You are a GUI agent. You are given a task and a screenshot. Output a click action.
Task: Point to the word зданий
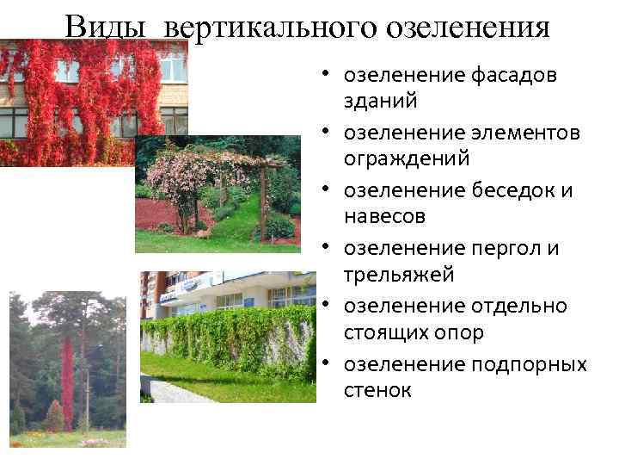pos(381,101)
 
